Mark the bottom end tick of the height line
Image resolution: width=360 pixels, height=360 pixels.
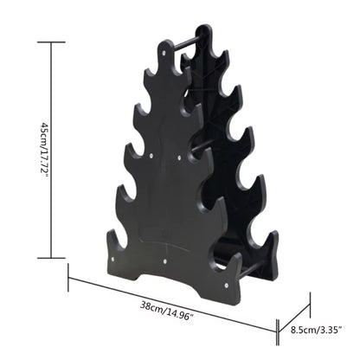click(53, 258)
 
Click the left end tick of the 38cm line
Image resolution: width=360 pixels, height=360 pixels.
click(68, 279)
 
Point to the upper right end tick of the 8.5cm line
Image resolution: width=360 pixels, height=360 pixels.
click(309, 298)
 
